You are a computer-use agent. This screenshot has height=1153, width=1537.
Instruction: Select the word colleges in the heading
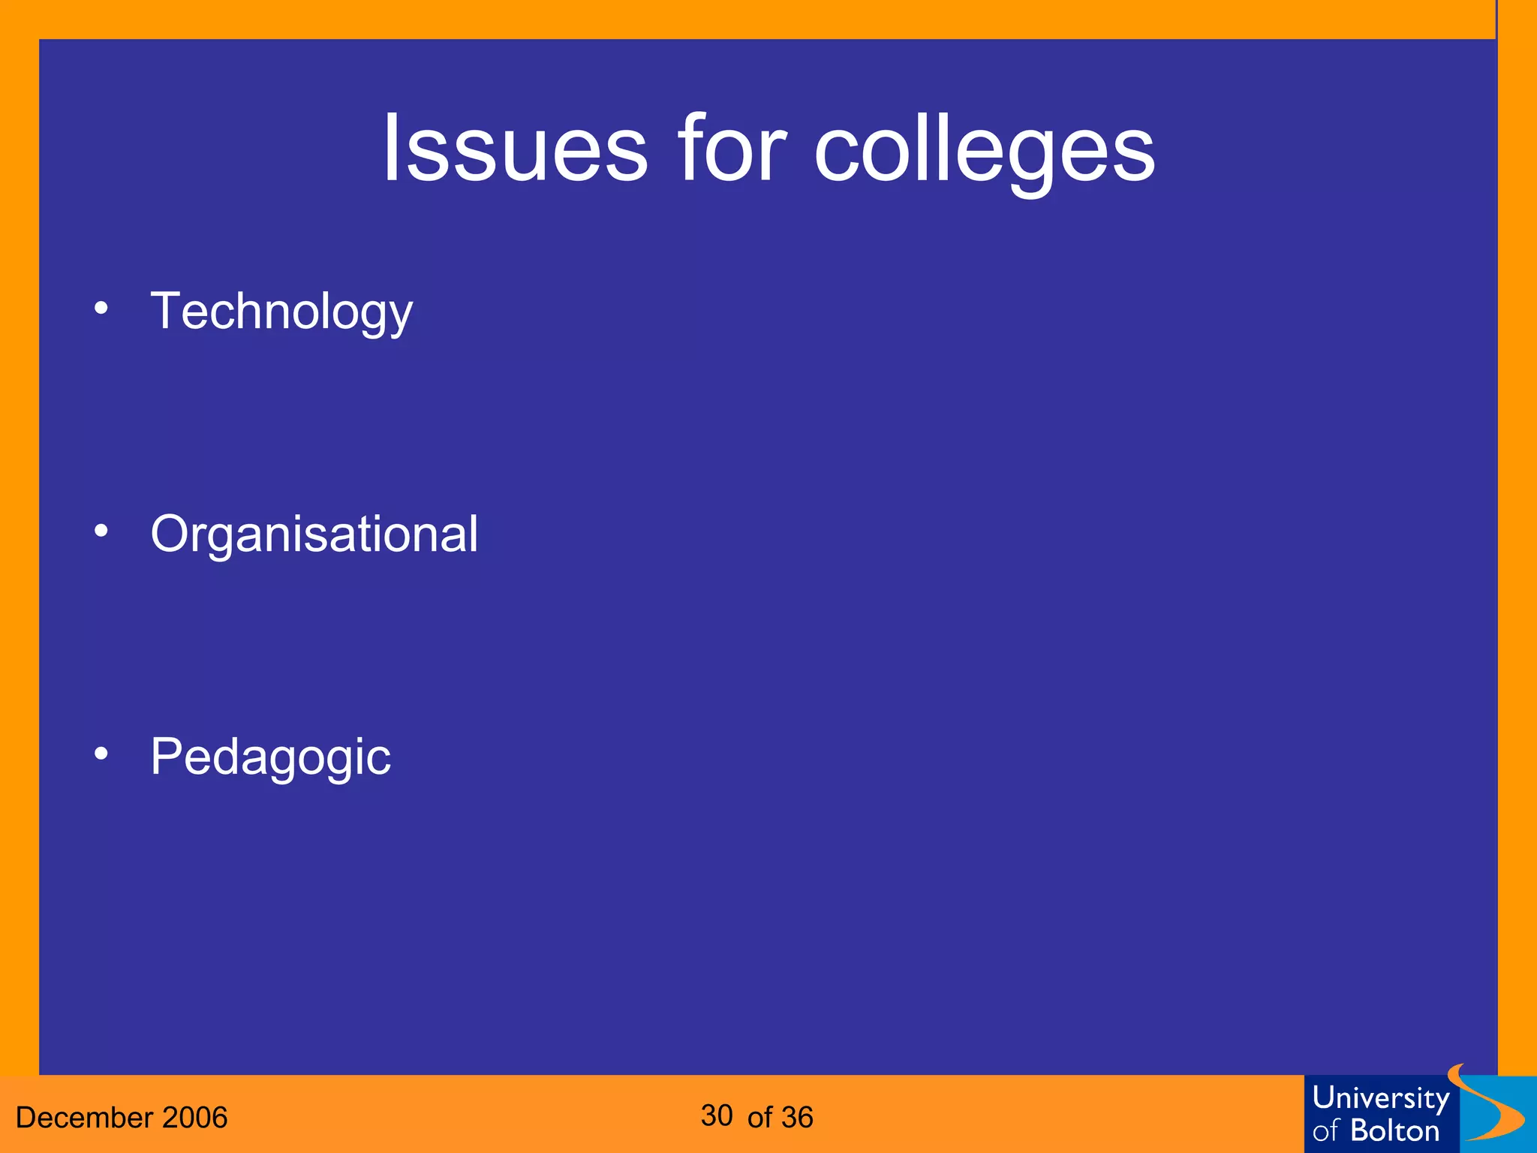pyautogui.click(x=985, y=150)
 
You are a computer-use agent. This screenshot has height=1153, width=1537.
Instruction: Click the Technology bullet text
pyautogui.click(x=281, y=312)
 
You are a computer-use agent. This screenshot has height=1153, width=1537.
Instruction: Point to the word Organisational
pyautogui.click(x=314, y=534)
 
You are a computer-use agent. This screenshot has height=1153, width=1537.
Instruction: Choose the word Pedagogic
pyautogui.click(x=270, y=757)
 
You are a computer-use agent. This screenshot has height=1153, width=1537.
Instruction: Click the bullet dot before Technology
pyautogui.click(x=101, y=309)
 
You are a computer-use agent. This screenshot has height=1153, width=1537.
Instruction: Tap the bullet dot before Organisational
pyautogui.click(x=101, y=531)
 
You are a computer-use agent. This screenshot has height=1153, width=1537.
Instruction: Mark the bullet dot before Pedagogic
pyautogui.click(x=101, y=754)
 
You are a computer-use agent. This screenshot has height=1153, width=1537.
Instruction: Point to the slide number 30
pyautogui.click(x=717, y=1115)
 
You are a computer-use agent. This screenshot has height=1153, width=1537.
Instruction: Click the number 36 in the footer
pyautogui.click(x=796, y=1118)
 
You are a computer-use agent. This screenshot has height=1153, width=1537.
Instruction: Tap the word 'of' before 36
pyautogui.click(x=759, y=1118)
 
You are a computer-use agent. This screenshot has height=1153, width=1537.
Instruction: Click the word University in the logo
pyautogui.click(x=1380, y=1099)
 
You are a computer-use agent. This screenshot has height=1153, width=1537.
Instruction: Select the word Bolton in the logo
pyautogui.click(x=1395, y=1130)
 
